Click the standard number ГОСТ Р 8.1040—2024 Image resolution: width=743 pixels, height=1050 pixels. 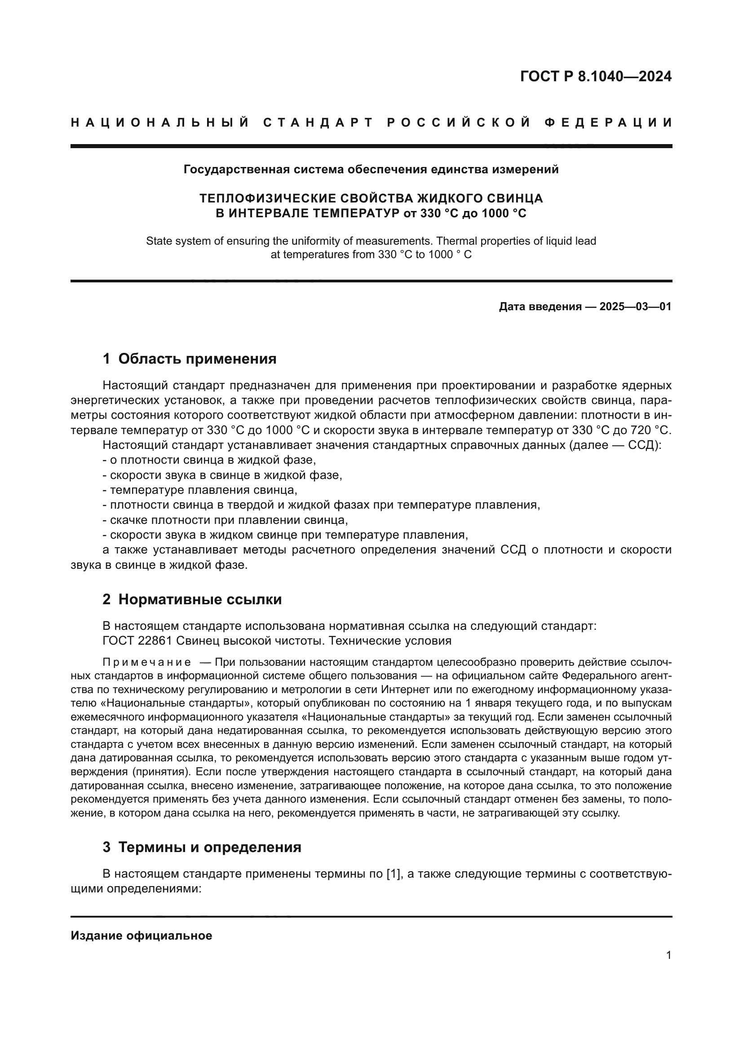coord(596,76)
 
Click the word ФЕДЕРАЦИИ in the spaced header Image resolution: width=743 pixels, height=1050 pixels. coord(608,123)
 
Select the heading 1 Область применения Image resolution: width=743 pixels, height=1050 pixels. coord(190,359)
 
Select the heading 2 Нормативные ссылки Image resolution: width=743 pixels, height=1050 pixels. coord(192,599)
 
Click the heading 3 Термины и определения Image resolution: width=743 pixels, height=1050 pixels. coord(202,847)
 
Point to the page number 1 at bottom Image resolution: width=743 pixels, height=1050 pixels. coord(668,955)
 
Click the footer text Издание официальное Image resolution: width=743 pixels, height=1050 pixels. coord(142,935)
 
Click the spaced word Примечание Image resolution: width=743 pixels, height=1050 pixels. coord(147,662)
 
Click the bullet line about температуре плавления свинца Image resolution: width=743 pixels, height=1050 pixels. coord(200,490)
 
